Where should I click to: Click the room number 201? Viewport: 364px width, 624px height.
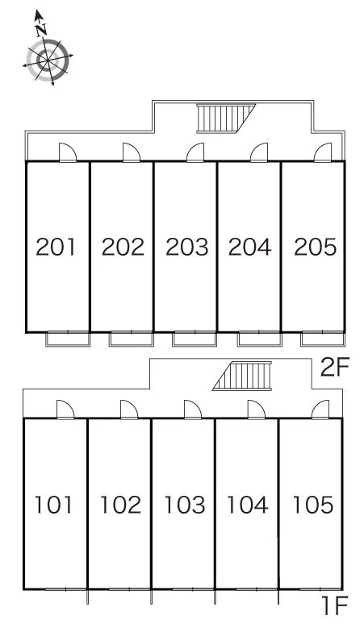coord(56,247)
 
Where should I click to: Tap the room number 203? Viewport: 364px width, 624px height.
coord(186,247)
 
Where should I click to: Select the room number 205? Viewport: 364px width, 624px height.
coord(315,247)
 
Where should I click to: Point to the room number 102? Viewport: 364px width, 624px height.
coord(120,504)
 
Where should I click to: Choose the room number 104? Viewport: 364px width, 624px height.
coord(247,504)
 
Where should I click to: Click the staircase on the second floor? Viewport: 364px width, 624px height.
coord(226,119)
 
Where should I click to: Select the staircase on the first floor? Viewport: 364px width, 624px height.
coord(242,376)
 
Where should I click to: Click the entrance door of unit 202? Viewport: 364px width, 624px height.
coord(132,153)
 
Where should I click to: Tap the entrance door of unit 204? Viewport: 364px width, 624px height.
coord(259,153)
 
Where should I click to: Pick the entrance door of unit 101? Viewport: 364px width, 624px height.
coord(65,410)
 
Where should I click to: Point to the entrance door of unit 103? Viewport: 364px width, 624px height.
coord(193,410)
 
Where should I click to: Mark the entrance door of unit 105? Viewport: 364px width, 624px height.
coord(320,410)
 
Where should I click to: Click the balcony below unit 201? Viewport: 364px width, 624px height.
coord(68,339)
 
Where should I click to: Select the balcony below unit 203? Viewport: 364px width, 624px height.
coord(195,339)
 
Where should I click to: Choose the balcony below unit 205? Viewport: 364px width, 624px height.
coord(323,339)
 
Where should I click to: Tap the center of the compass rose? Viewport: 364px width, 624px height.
coord(48,60)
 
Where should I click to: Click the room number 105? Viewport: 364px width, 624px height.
coord(313,504)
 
